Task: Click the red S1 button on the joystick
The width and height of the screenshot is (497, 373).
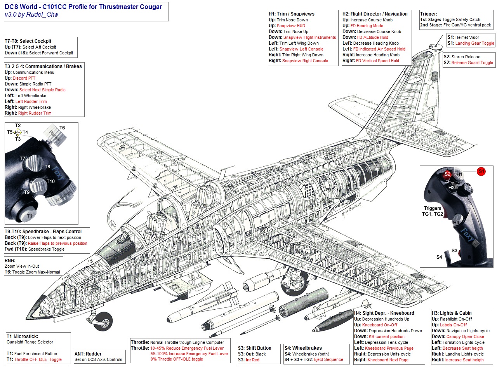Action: (x=481, y=171)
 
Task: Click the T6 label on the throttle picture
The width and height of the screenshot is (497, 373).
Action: (x=62, y=128)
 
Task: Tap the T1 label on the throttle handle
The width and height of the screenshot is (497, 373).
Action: (x=30, y=216)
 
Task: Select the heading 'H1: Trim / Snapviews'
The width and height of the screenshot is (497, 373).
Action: (x=292, y=14)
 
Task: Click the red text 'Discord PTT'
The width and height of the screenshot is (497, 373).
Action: (x=24, y=78)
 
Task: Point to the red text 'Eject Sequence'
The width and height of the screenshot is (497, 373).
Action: (x=328, y=360)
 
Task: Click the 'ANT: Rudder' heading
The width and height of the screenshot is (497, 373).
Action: (x=88, y=354)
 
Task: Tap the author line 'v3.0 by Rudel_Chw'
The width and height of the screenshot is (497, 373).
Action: (x=31, y=15)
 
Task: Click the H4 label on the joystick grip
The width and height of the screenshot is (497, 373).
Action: (x=456, y=223)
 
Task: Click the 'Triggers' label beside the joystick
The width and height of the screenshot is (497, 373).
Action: (x=433, y=208)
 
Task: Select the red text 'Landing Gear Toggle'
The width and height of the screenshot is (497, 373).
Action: (x=474, y=44)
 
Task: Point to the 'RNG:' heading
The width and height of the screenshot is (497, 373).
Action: (x=10, y=261)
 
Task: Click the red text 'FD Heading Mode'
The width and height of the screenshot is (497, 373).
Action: (x=367, y=26)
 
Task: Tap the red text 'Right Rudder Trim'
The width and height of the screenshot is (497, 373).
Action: (x=35, y=113)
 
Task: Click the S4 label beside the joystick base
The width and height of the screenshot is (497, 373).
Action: (x=439, y=257)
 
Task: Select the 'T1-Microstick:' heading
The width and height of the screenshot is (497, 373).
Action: (x=22, y=336)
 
